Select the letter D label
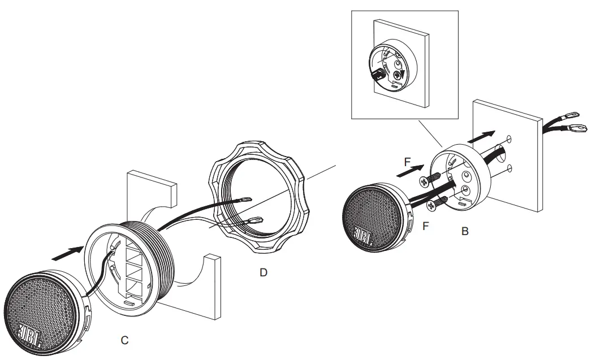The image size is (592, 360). tap(262, 272)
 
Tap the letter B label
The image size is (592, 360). tap(464, 231)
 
